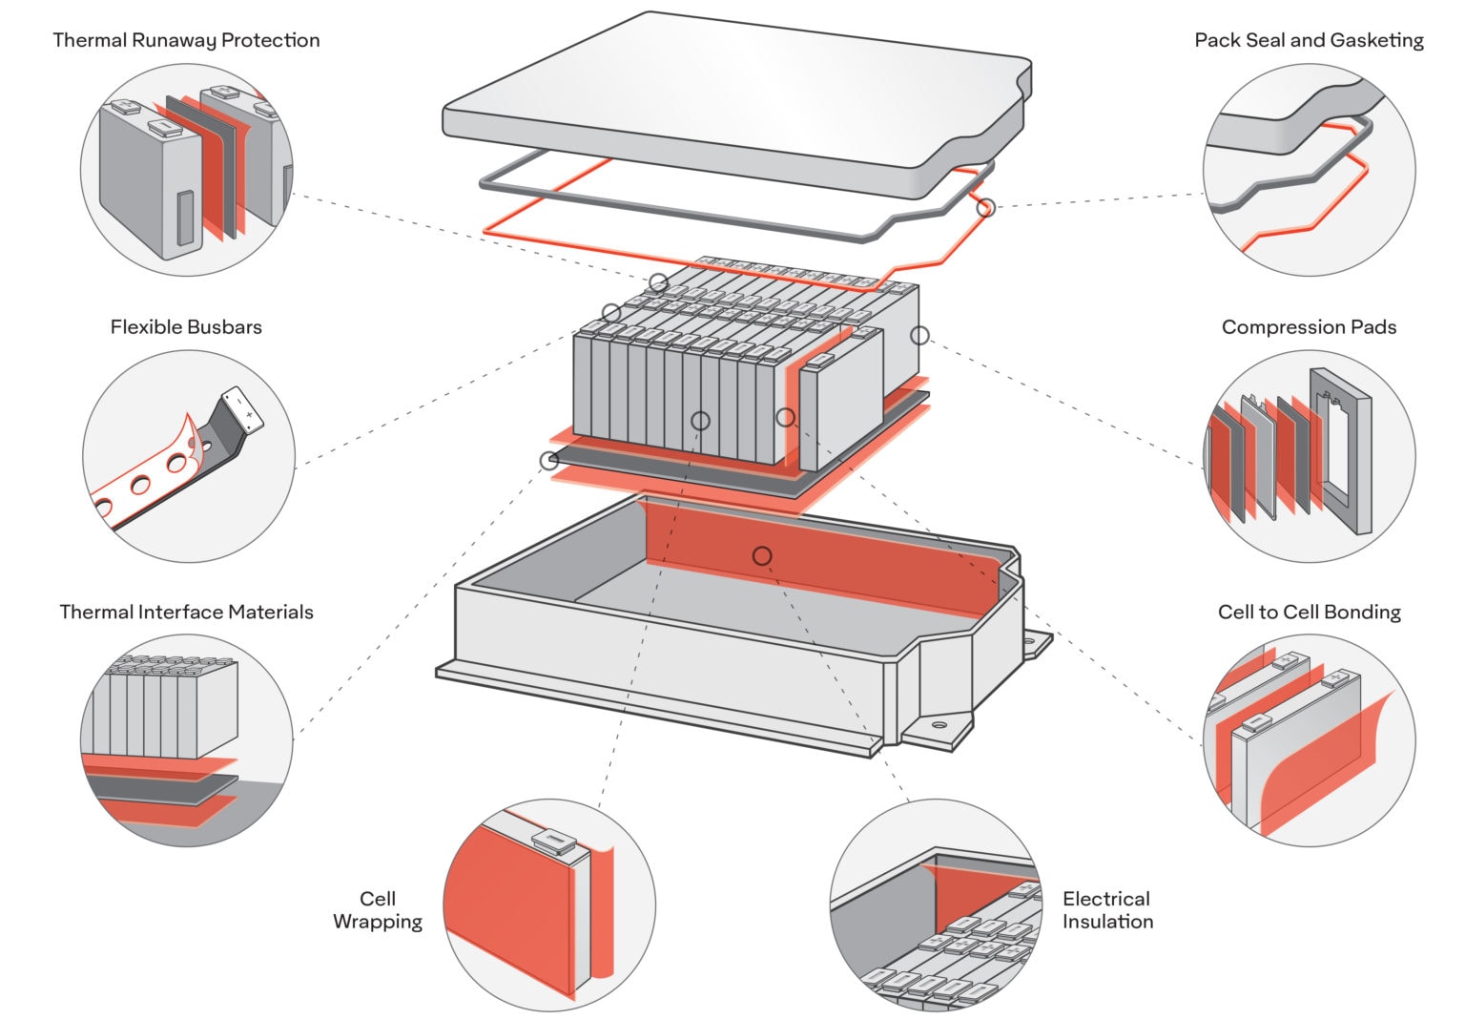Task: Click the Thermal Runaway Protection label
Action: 186,40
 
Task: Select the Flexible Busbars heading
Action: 186,327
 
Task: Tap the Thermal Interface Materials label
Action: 186,613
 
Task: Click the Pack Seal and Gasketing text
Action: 1309,40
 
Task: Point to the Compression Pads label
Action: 1309,327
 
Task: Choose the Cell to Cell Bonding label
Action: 1309,613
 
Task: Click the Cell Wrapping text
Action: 378,910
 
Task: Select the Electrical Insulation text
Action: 1107,910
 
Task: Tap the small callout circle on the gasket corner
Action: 986,206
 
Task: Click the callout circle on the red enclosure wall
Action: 761,555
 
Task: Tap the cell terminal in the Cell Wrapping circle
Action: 553,840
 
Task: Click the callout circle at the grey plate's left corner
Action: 548,461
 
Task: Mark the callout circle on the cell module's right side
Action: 919,335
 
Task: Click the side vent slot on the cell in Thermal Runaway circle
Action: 184,218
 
